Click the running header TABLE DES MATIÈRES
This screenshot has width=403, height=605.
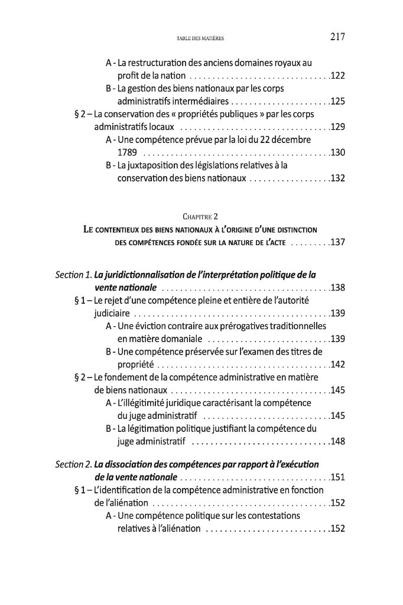click(x=200, y=40)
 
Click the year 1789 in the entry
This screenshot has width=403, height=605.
click(x=128, y=152)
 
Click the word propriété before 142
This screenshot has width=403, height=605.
click(x=135, y=364)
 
